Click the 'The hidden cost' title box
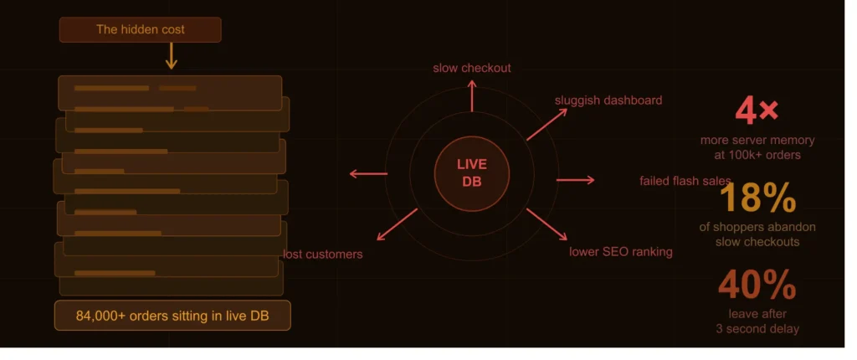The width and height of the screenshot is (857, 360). click(141, 29)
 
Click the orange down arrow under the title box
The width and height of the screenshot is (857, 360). click(171, 56)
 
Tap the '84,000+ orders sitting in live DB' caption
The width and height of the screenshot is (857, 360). click(172, 316)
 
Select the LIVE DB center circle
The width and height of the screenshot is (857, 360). click(472, 173)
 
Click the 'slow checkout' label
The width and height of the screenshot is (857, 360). click(472, 68)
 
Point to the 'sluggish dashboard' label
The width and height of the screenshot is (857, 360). click(608, 100)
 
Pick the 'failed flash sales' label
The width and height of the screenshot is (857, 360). click(685, 181)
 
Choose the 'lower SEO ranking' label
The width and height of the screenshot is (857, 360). click(621, 252)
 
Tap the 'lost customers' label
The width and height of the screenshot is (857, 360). click(323, 255)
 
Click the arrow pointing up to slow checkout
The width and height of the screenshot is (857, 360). click(472, 95)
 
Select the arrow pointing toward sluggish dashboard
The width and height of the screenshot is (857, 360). click(547, 124)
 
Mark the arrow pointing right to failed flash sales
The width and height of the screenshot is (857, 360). click(576, 180)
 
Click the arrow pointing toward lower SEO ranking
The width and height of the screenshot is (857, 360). click(547, 224)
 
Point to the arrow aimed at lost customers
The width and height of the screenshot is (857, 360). click(398, 224)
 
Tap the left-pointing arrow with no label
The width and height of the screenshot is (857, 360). click(368, 174)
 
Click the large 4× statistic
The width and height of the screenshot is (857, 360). click(757, 111)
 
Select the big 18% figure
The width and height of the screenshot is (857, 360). click(757, 198)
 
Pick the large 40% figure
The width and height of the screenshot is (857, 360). click(757, 285)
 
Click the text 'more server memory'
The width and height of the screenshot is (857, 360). click(757, 141)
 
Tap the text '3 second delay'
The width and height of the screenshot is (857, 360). click(757, 329)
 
